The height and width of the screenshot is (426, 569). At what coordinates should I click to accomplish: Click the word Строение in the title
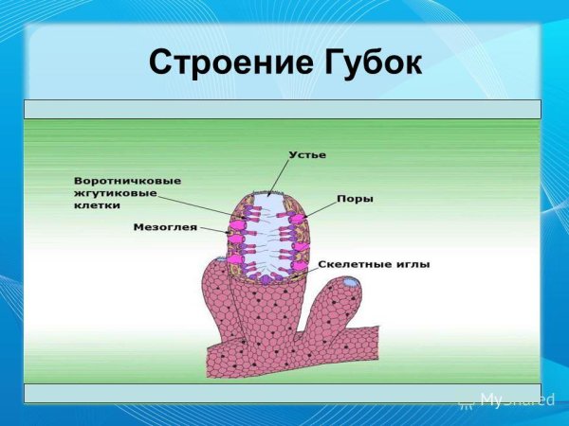223,63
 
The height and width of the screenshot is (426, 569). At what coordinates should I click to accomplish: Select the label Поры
354,200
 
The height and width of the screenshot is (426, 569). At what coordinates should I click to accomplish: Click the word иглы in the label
412,264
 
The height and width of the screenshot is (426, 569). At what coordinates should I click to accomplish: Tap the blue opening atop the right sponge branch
351,282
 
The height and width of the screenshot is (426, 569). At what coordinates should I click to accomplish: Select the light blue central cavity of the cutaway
268,237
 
